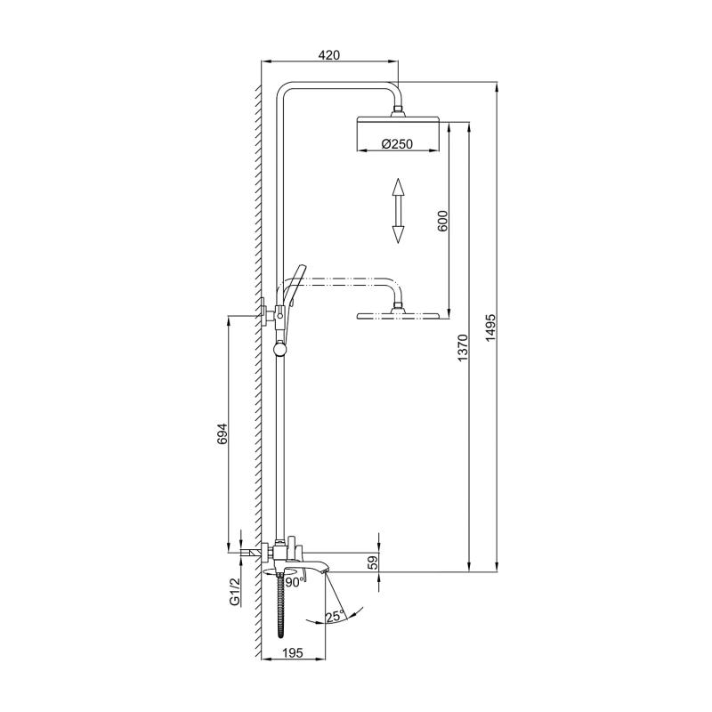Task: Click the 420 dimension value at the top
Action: tap(329, 55)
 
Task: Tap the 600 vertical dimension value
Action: tap(442, 221)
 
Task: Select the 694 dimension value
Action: tap(223, 433)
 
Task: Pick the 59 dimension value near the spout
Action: tap(373, 562)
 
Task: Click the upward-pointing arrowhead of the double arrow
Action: tap(398, 186)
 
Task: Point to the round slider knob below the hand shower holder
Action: tap(281, 349)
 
